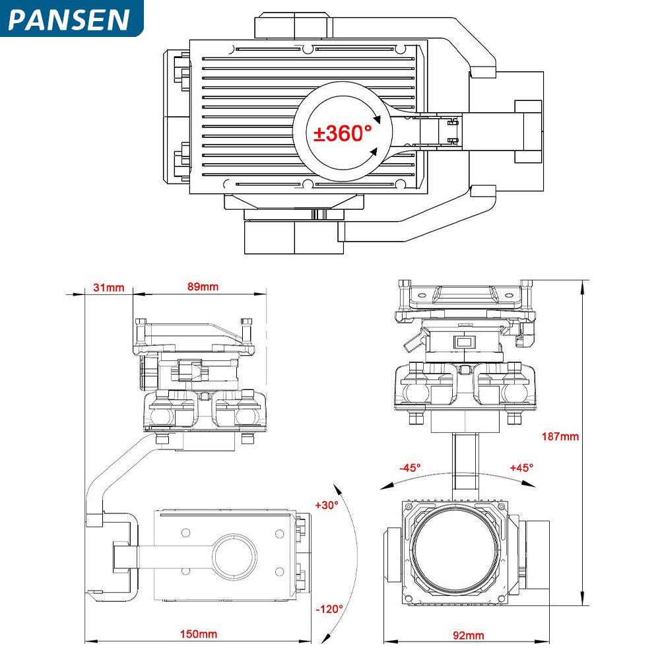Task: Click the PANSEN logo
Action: (x=69, y=19)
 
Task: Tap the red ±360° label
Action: (x=343, y=133)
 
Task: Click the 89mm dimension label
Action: (x=203, y=287)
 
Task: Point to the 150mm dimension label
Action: (x=199, y=634)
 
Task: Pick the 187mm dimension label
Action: (x=560, y=436)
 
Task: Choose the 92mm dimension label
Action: (x=468, y=635)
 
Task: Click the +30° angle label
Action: (x=327, y=505)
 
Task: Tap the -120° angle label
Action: (x=329, y=609)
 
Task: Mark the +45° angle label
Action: (x=521, y=467)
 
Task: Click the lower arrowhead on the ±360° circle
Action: (x=374, y=152)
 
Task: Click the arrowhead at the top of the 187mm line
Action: (x=583, y=283)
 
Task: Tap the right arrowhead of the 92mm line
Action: (x=551, y=640)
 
